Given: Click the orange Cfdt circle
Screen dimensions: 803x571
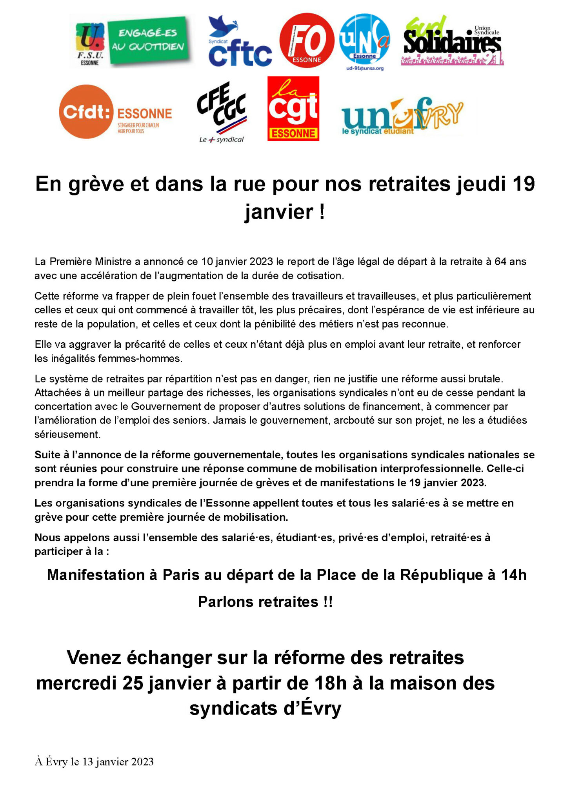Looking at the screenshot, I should (x=86, y=112).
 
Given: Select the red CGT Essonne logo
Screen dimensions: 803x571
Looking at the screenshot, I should (x=293, y=109).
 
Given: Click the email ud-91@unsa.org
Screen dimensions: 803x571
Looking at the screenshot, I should (x=364, y=68).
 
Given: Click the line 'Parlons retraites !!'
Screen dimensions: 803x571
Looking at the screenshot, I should (x=265, y=602).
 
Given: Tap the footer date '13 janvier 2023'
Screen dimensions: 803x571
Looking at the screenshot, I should (x=118, y=762).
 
